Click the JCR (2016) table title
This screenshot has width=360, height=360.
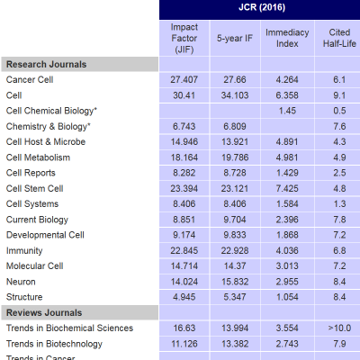(x=262, y=7)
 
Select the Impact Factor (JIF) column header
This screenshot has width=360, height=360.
(x=184, y=38)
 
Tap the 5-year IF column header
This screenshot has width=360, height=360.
(x=235, y=38)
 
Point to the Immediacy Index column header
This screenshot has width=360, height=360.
(x=287, y=38)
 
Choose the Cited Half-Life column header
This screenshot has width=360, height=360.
(x=339, y=38)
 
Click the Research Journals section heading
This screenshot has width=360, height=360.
(x=46, y=64)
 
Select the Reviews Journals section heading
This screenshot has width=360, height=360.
(x=44, y=312)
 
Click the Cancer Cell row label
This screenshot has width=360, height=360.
(x=30, y=79)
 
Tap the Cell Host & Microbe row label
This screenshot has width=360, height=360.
(x=46, y=141)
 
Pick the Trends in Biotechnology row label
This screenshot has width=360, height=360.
(x=54, y=344)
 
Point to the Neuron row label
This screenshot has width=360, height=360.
(x=21, y=282)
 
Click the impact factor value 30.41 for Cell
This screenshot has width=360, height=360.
(x=184, y=95)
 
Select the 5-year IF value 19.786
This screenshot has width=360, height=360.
(x=235, y=157)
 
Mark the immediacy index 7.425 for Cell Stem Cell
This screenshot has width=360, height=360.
(x=287, y=188)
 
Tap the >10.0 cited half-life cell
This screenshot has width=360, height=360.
(x=339, y=328)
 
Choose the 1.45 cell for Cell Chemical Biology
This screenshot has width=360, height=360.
(x=287, y=111)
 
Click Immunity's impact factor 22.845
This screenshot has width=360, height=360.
(x=184, y=250)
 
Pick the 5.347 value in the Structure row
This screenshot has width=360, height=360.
(x=235, y=297)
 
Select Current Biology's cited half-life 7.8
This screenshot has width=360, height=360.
(x=339, y=220)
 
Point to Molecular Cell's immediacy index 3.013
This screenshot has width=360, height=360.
(x=287, y=265)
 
